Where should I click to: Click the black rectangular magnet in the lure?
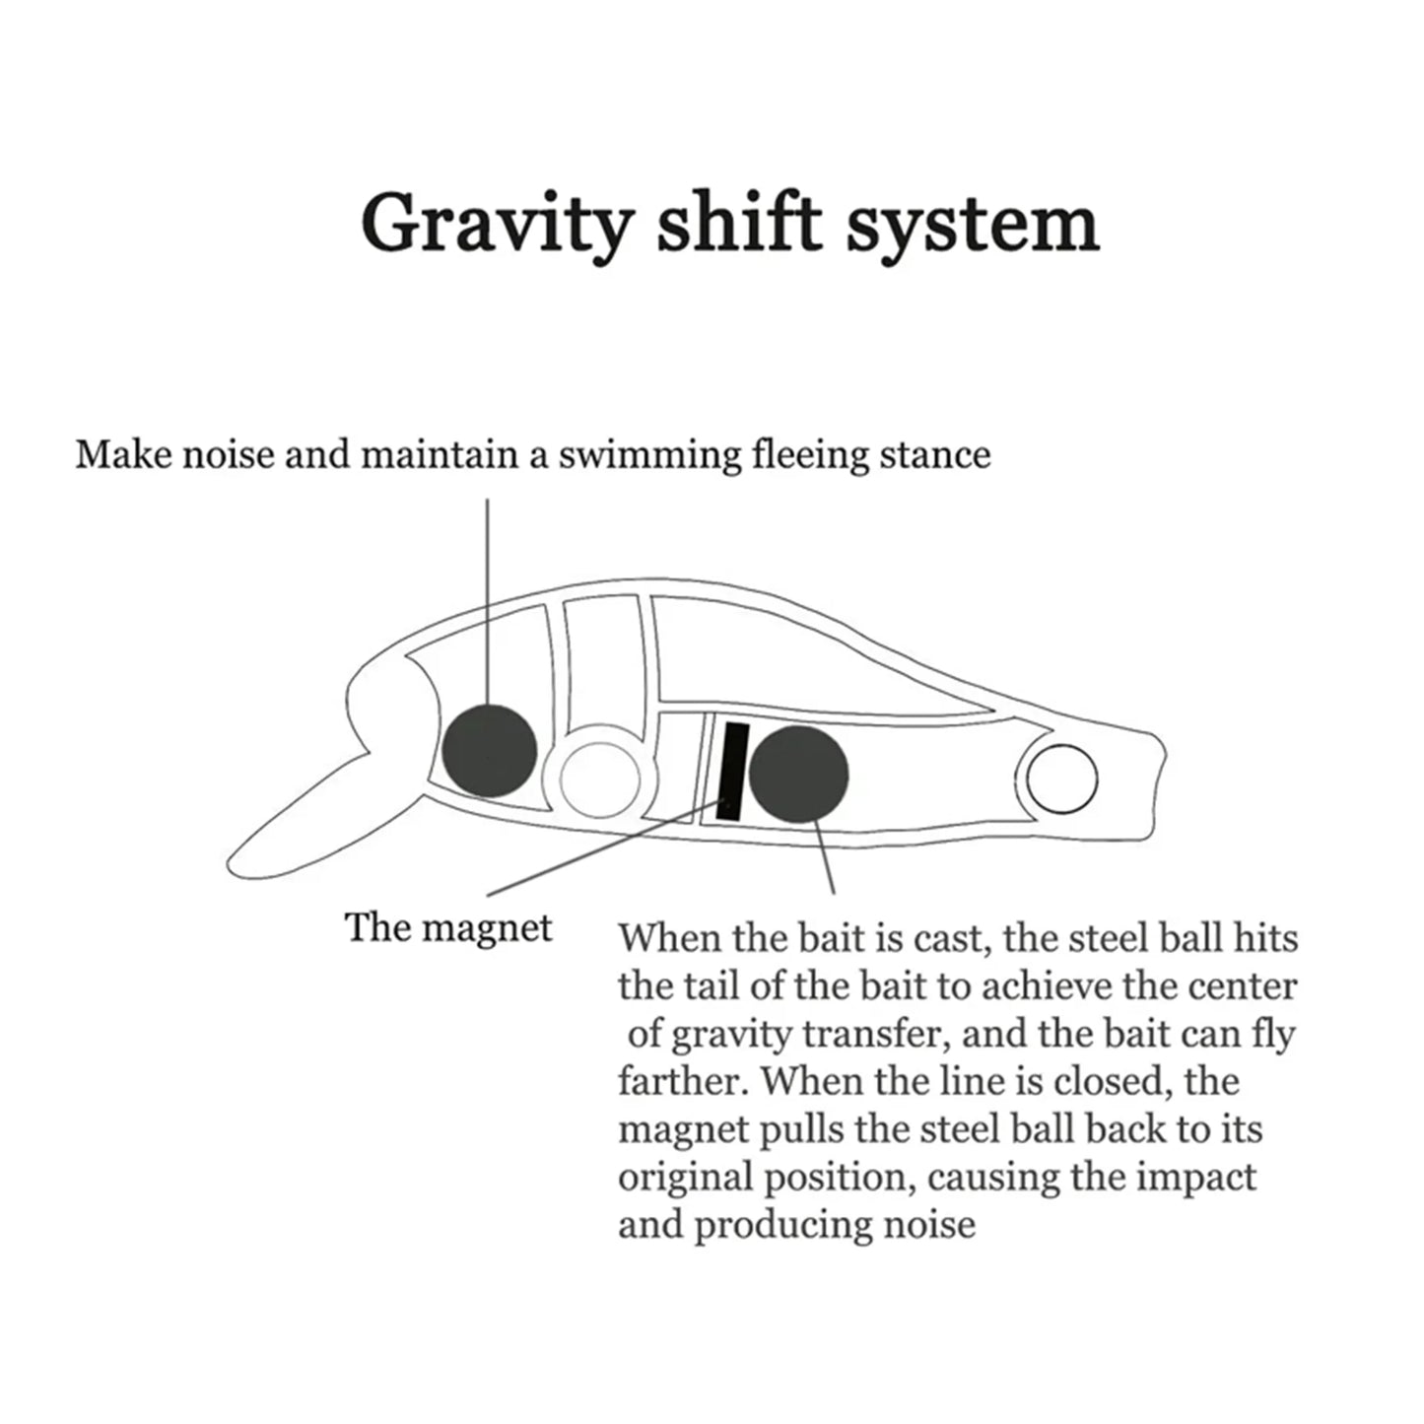[732, 772]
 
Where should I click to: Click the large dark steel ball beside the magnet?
[799, 773]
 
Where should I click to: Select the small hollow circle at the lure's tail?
[1062, 780]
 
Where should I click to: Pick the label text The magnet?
[448, 928]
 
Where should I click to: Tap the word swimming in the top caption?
[649, 456]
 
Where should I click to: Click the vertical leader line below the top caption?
[487, 600]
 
